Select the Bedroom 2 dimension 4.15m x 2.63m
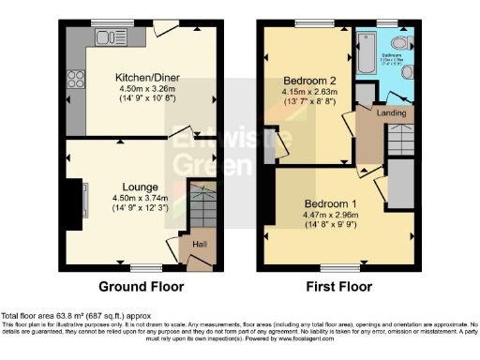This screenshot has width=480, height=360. click(309, 93)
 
